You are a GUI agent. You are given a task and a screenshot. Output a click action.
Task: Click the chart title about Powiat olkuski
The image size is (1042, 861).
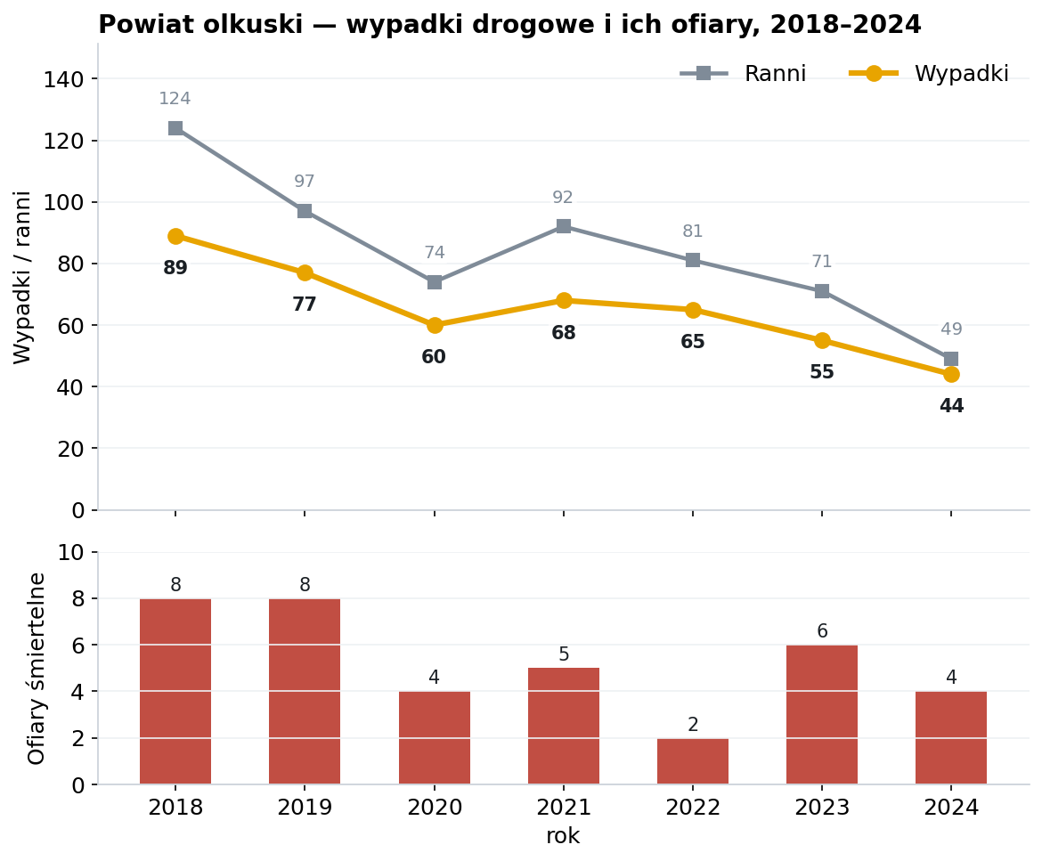click(509, 25)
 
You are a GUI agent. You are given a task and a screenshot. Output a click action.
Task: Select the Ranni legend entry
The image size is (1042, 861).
click(742, 73)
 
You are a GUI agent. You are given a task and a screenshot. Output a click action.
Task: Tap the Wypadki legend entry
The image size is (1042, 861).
click(929, 73)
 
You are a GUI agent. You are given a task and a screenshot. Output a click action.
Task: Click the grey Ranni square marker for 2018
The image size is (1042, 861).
click(175, 128)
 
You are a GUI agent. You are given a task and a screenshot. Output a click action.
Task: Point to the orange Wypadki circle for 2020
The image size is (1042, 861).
click(435, 325)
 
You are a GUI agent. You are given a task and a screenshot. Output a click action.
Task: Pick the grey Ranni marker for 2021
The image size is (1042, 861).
click(564, 226)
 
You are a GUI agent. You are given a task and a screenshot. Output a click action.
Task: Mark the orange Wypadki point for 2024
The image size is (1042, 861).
click(951, 374)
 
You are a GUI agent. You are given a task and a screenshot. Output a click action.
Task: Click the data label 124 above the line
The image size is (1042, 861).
click(175, 99)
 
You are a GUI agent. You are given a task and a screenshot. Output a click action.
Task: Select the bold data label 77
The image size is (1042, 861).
click(305, 305)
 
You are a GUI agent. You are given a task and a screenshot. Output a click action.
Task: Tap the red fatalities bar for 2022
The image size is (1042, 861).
click(693, 761)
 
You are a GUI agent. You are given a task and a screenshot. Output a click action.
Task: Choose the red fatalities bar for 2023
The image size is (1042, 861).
click(822, 715)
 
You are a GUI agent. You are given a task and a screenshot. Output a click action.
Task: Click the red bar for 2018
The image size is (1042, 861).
click(175, 692)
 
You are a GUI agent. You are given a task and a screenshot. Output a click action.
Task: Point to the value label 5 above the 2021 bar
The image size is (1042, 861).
click(564, 654)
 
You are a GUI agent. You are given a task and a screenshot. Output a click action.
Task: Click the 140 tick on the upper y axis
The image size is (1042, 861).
click(64, 79)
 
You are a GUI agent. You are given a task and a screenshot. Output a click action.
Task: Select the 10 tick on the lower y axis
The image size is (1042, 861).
click(71, 553)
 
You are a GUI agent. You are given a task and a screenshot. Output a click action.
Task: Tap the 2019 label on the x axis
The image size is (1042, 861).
click(305, 808)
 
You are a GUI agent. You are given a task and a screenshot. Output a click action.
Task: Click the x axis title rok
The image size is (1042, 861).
click(563, 836)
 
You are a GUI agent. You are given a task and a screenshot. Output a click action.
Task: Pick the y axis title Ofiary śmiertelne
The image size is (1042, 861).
click(37, 669)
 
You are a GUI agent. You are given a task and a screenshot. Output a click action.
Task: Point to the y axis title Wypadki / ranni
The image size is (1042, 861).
click(22, 278)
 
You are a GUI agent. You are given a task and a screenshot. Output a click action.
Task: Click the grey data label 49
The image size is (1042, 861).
click(951, 329)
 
